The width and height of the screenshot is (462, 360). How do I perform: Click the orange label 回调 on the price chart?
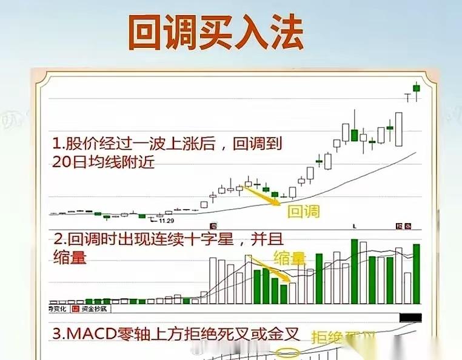coord(302,212)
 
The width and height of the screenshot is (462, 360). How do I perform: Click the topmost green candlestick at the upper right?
coord(417,88)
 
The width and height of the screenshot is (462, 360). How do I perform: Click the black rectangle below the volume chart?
coord(410,318)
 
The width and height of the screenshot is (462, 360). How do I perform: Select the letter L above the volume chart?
coord(354,226)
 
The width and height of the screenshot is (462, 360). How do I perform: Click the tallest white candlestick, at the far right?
coord(399,129)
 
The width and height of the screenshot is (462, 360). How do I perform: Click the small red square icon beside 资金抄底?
coord(76,309)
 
